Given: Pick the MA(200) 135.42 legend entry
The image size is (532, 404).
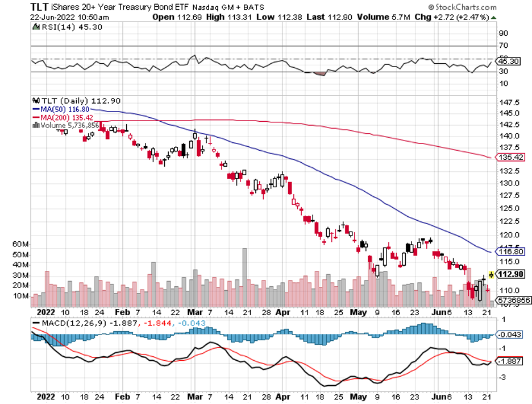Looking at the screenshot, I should pyautogui.click(x=59, y=117).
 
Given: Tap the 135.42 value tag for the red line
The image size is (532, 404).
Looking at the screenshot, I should pyautogui.click(x=509, y=157).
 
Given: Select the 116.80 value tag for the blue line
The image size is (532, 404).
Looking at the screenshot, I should pyautogui.click(x=509, y=251).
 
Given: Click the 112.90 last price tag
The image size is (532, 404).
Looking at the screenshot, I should pyautogui.click(x=510, y=274).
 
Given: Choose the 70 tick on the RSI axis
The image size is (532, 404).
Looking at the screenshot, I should pyautogui.click(x=503, y=45).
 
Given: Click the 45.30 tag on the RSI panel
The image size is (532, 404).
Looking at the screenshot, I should pyautogui.click(x=509, y=60).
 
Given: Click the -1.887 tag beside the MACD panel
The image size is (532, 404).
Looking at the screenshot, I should pyautogui.click(x=509, y=361).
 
